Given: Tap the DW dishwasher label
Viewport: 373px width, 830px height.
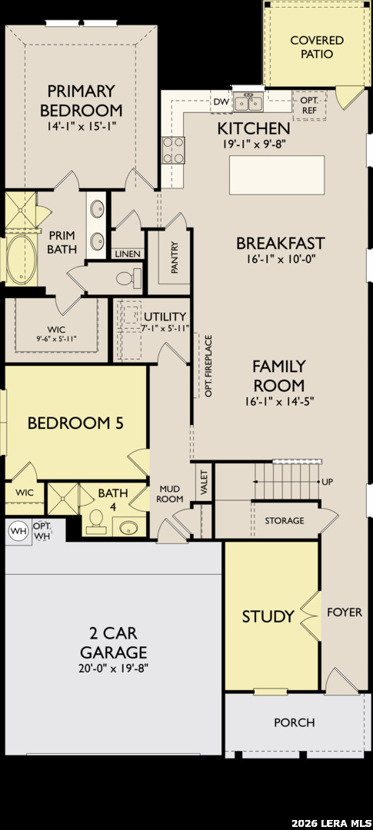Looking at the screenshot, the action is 220,101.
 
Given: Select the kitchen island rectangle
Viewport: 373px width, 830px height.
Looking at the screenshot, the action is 277,174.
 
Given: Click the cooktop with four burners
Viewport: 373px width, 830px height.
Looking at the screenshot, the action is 173,151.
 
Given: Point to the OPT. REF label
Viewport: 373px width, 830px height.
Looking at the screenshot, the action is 309,105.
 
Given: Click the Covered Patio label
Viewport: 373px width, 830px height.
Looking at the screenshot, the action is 317,47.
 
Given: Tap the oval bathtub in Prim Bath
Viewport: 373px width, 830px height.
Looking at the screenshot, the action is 22,260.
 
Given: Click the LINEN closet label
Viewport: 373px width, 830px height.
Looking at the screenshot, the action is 128,254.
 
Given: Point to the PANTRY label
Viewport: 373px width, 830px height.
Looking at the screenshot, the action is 175,257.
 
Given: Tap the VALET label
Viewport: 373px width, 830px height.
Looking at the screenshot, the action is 205,481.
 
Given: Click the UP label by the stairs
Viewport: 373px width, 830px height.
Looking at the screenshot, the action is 328,482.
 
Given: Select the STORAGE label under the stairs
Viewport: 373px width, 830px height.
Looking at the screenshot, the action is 285,521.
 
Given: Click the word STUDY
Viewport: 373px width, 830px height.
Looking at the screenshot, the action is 268,616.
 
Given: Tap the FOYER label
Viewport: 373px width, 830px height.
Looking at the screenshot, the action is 345,613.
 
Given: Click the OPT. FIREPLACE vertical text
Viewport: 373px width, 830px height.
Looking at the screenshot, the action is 208,366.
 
